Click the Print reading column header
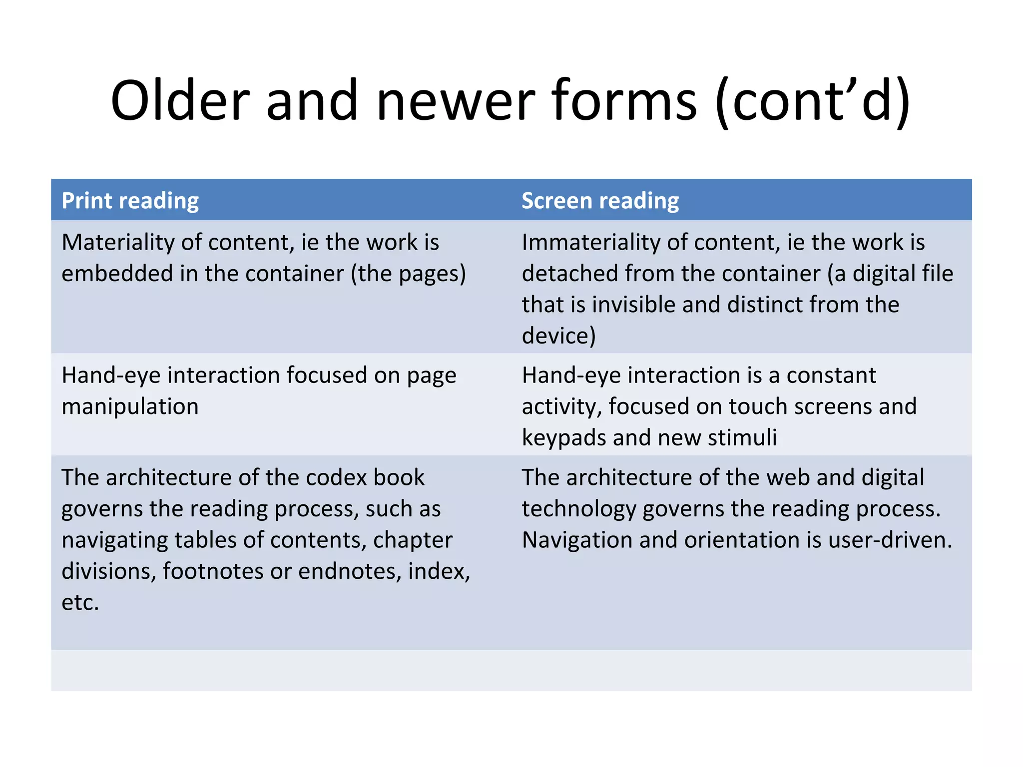tap(130, 201)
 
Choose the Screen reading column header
tap(600, 201)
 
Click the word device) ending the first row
tap(558, 336)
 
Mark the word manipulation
tap(130, 406)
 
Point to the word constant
tap(831, 376)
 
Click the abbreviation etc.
tap(80, 603)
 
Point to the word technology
tap(579, 509)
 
